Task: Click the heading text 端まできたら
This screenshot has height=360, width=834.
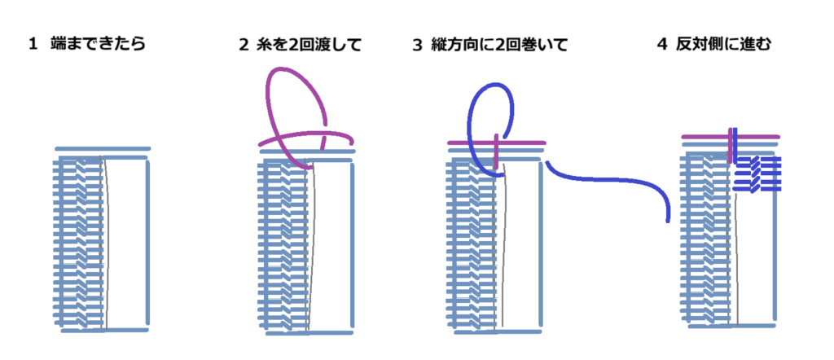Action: point(98,44)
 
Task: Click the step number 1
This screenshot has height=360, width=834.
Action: point(33,45)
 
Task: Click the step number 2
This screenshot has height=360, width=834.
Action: point(244,45)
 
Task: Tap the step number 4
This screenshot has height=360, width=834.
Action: point(662,45)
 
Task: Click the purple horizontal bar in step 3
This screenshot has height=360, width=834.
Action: point(496,143)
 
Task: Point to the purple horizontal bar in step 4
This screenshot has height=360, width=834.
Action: point(731,137)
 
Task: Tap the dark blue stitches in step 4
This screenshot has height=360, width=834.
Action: point(757,173)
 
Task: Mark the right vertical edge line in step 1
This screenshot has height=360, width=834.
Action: point(148,242)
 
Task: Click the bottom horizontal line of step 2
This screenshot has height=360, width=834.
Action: point(309,333)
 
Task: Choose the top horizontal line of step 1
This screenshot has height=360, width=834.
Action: point(103,149)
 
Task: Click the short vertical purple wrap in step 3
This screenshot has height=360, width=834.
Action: point(496,151)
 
